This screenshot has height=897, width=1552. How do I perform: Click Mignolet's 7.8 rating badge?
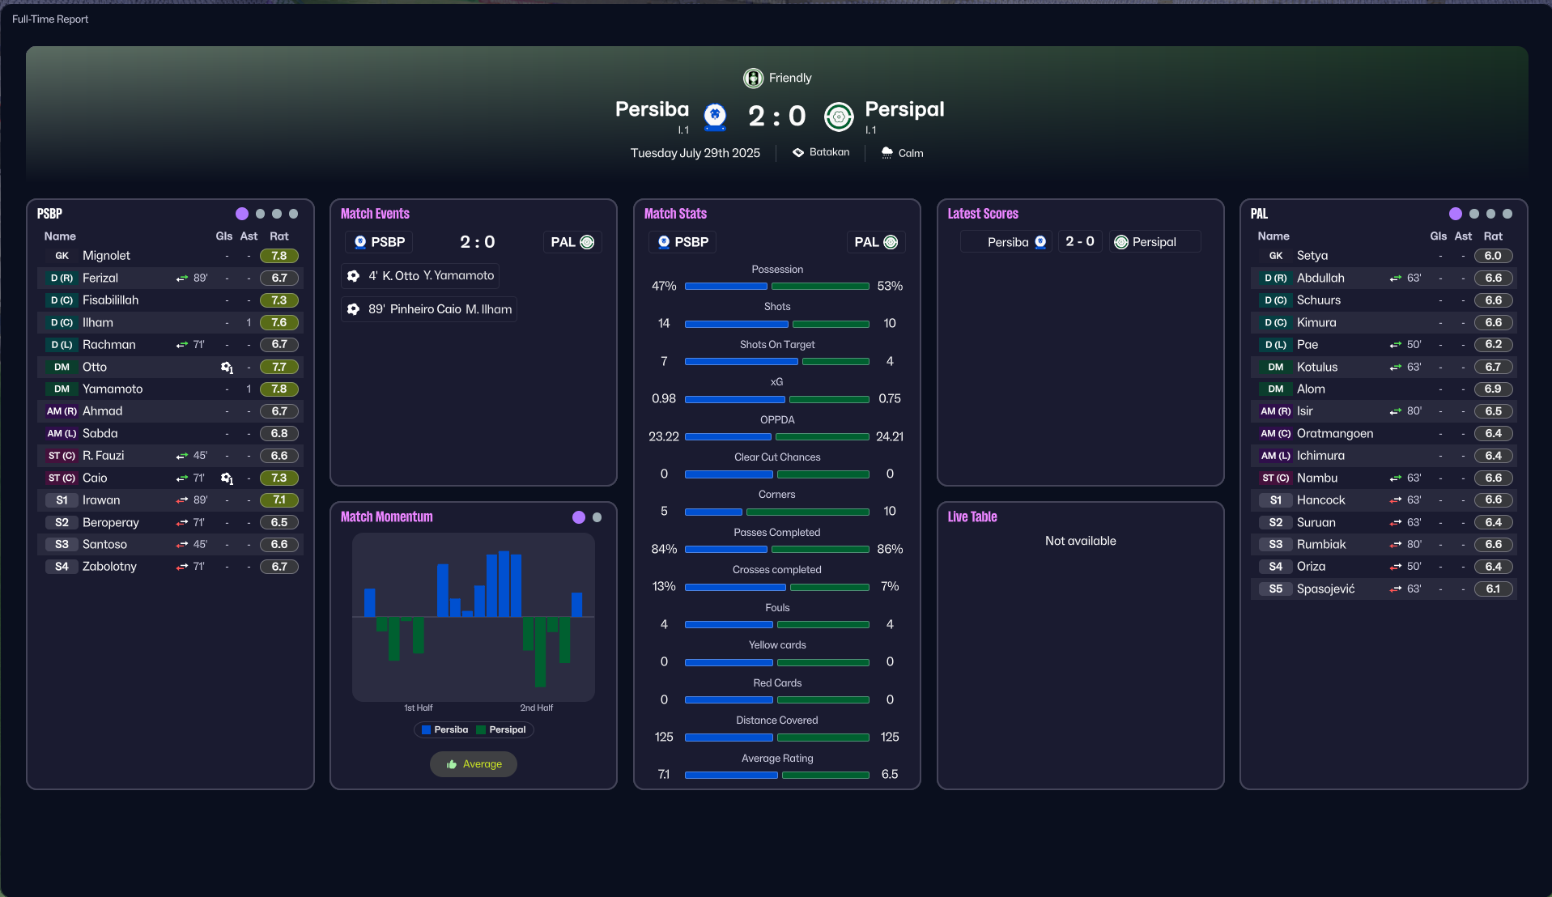pyautogui.click(x=279, y=256)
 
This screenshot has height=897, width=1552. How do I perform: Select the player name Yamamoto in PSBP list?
pyautogui.click(x=113, y=389)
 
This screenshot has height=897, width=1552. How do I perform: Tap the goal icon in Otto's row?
pyautogui.click(x=227, y=368)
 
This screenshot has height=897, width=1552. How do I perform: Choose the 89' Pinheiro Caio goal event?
pyautogui.click(x=430, y=309)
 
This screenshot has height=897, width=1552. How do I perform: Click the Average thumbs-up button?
pyautogui.click(x=474, y=764)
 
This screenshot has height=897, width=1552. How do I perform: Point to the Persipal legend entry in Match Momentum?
pyautogui.click(x=502, y=730)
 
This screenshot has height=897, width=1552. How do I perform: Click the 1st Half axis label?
pyautogui.click(x=418, y=708)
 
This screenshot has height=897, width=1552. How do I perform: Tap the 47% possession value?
pyautogui.click(x=664, y=287)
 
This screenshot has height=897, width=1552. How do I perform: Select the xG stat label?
pyautogui.click(x=776, y=382)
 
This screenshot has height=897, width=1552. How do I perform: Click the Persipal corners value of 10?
pyautogui.click(x=889, y=512)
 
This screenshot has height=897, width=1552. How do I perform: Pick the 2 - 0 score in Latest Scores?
pyautogui.click(x=1079, y=242)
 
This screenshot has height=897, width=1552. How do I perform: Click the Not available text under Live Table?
pyautogui.click(x=1080, y=541)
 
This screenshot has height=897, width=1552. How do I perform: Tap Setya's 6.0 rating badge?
pyautogui.click(x=1493, y=256)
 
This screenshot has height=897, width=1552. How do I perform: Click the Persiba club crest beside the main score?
pyautogui.click(x=714, y=117)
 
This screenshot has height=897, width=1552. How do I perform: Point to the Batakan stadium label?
pyautogui.click(x=829, y=152)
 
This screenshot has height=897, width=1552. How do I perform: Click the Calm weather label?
pyautogui.click(x=910, y=153)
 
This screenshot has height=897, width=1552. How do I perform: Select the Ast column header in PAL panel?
pyautogui.click(x=1462, y=236)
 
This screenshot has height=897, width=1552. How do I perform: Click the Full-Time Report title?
pyautogui.click(x=50, y=19)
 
